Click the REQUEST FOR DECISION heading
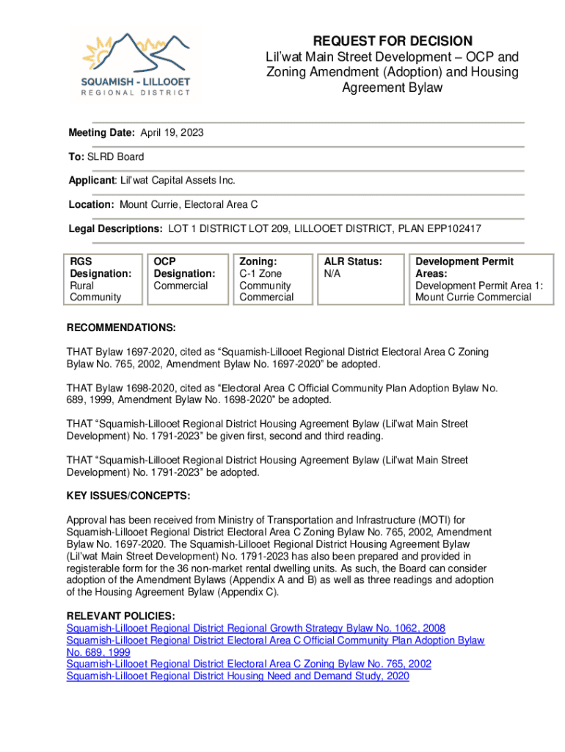(393, 41)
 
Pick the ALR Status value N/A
(332, 274)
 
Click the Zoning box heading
(258, 261)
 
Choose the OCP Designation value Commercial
(181, 286)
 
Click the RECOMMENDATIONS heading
(121, 328)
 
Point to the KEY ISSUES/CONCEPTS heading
(128, 496)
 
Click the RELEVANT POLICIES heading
(120, 616)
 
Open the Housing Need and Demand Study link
(237, 676)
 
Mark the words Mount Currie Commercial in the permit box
(473, 297)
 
